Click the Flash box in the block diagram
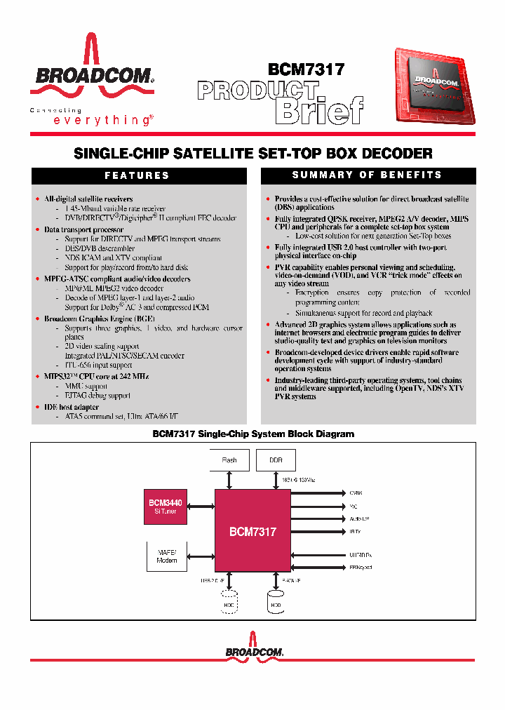coord(229,460)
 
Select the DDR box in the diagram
coord(275,460)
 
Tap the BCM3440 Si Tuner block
coord(166,507)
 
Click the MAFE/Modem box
coord(167,556)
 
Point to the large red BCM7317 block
coord(252,531)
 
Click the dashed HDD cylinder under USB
coord(229,602)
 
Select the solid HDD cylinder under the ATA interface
coord(276,602)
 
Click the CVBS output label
coord(356,493)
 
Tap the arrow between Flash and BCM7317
coord(229,480)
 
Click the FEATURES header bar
coord(137,175)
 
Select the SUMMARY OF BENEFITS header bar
coord(367,175)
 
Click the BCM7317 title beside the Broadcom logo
coord(306,70)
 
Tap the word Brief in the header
coord(319,109)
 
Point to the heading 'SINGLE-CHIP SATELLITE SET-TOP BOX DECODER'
coord(252,153)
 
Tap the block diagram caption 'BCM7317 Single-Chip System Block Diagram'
coord(253,434)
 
